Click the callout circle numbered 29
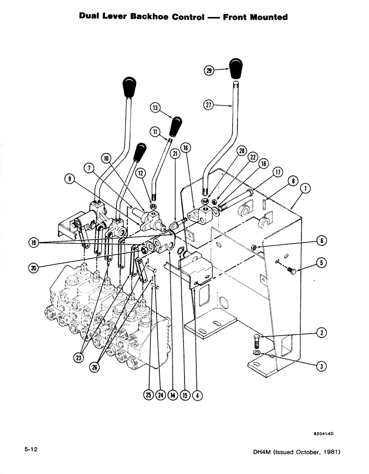(208, 71)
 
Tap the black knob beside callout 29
(236, 69)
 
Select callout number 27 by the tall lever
(208, 106)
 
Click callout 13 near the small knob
(155, 108)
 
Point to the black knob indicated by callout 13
(176, 126)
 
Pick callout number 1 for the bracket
(306, 189)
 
